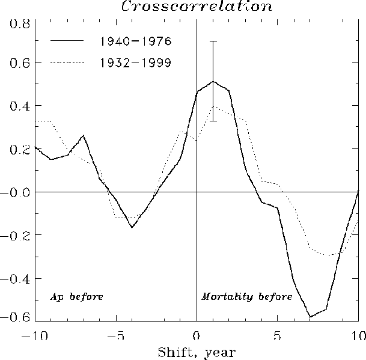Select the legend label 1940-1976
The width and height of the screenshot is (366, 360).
coord(136,41)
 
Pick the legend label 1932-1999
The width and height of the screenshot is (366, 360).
coord(136,62)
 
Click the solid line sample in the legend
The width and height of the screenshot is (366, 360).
coord(68,41)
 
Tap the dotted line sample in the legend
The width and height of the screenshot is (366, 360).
coord(68,62)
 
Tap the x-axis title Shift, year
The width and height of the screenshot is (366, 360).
coord(196,352)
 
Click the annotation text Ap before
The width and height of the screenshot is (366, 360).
coord(76,297)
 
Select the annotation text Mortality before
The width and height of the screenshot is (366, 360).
coord(246,297)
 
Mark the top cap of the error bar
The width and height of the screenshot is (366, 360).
coord(213,41)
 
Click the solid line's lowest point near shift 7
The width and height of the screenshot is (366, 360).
coord(310,316)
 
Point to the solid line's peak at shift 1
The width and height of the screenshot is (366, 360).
coord(213,81)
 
